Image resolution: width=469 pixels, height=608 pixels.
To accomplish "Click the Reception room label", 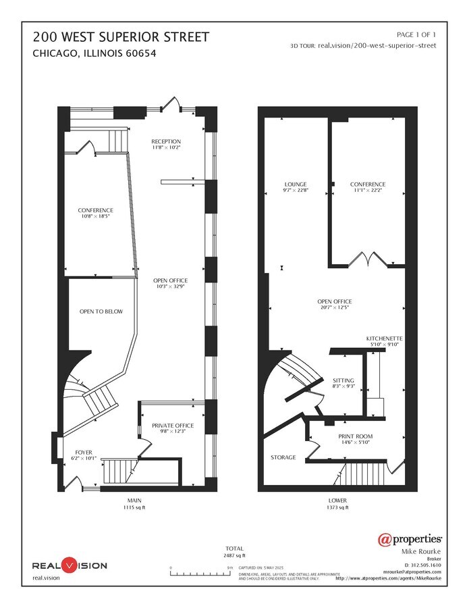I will (x=166, y=141).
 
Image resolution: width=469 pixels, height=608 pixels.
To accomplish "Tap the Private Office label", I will (x=173, y=426).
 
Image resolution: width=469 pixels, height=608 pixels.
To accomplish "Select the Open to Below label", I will (x=101, y=311).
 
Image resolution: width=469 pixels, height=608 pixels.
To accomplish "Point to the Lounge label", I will (x=296, y=184).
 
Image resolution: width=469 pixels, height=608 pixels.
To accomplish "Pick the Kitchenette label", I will (x=385, y=338).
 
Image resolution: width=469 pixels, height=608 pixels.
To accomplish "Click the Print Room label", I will (x=356, y=436).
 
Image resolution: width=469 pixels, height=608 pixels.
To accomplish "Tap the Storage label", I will (x=283, y=457).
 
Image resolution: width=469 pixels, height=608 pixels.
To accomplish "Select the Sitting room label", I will (x=343, y=380).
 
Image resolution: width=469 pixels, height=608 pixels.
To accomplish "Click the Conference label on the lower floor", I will (x=368, y=184).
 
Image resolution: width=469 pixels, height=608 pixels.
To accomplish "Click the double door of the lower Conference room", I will (x=369, y=259).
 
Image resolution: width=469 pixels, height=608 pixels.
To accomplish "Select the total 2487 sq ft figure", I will (x=235, y=555).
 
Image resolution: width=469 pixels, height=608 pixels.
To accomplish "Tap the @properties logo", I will (x=410, y=539).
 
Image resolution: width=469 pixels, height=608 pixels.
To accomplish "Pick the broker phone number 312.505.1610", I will (x=422, y=565).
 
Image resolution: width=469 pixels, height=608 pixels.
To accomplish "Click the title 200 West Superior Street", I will (x=121, y=36).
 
